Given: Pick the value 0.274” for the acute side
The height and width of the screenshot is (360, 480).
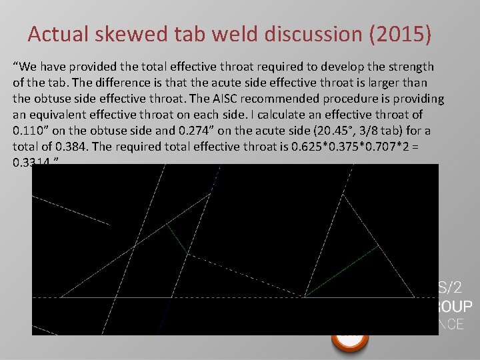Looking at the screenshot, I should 187,131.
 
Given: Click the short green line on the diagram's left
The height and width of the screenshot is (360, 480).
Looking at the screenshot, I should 176,237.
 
